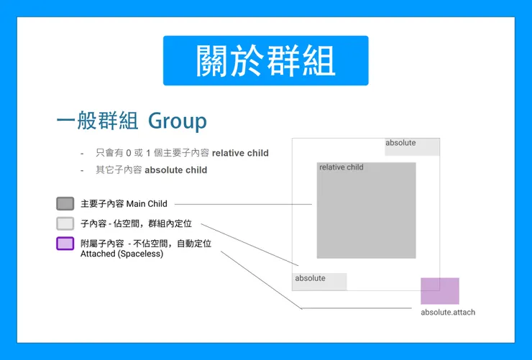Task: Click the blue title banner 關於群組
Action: click(x=265, y=60)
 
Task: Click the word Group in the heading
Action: click(x=177, y=121)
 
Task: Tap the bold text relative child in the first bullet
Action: click(x=239, y=153)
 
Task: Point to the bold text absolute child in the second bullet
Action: click(x=175, y=170)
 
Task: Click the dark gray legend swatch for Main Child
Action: click(x=65, y=204)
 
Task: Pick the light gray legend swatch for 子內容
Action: click(x=65, y=223)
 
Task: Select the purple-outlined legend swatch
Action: click(x=65, y=243)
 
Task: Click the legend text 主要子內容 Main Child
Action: click(x=124, y=204)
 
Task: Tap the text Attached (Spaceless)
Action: click(x=121, y=254)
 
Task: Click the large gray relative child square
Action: click(x=366, y=216)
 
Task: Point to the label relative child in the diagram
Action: click(x=341, y=167)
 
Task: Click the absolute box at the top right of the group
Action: click(x=412, y=147)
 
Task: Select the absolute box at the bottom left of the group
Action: click(x=319, y=282)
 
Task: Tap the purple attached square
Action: click(x=440, y=291)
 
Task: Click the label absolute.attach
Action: click(x=448, y=313)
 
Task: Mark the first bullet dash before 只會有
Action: click(x=82, y=153)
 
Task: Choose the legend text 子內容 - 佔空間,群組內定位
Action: click(x=136, y=224)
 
